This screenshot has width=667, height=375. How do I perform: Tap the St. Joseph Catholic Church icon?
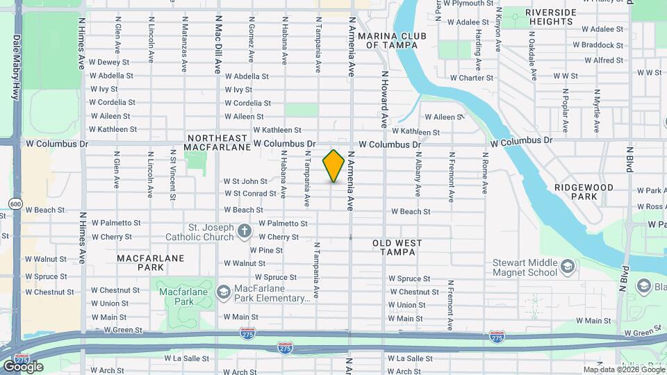pyautogui.click(x=244, y=231)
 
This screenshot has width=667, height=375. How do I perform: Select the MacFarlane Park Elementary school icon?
pyautogui.click(x=223, y=291)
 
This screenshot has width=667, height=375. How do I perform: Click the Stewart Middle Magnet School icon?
pyautogui.click(x=568, y=267)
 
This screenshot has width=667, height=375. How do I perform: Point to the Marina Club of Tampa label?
pyautogui.click(x=392, y=40)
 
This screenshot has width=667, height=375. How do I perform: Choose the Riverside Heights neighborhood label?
pyautogui.click(x=550, y=17)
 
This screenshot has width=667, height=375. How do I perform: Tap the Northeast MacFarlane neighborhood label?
pyautogui.click(x=217, y=142)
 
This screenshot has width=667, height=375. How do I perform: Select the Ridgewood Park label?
pyautogui.click(x=584, y=192)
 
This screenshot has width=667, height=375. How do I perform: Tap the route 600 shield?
pyautogui.click(x=15, y=203)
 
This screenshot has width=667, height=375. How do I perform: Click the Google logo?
pyautogui.click(x=22, y=366)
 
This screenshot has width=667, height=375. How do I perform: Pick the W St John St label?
pyautogui.click(x=245, y=181)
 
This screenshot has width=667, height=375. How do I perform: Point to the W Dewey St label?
pyautogui.click(x=110, y=62)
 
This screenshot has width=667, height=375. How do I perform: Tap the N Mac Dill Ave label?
pyautogui.click(x=217, y=45)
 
